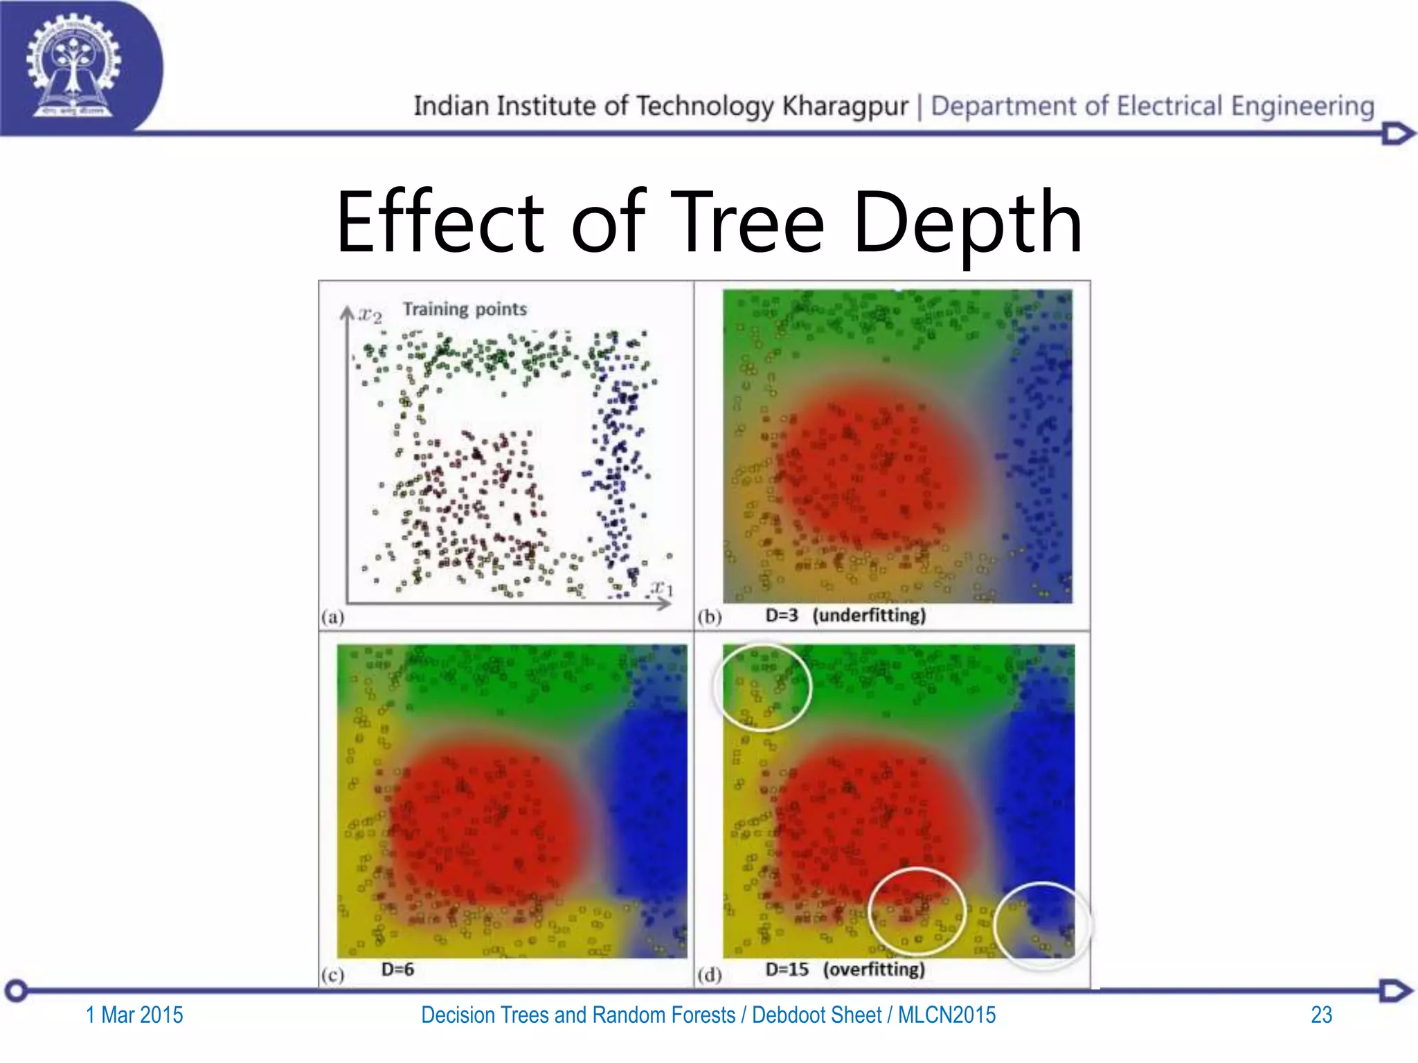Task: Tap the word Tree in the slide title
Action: (748, 223)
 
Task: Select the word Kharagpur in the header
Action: (845, 107)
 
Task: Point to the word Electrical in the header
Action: (1169, 107)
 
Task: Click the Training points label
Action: (465, 309)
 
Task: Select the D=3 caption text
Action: (782, 615)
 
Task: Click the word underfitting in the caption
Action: (869, 615)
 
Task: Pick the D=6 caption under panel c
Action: (397, 970)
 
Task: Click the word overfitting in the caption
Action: (874, 970)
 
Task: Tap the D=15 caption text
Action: (787, 970)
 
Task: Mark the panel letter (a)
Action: (332, 617)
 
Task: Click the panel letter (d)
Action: (710, 975)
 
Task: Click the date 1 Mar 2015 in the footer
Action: (134, 1015)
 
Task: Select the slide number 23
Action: (1321, 1015)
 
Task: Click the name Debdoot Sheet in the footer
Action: (816, 1015)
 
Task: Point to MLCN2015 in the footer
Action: (946, 1015)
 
